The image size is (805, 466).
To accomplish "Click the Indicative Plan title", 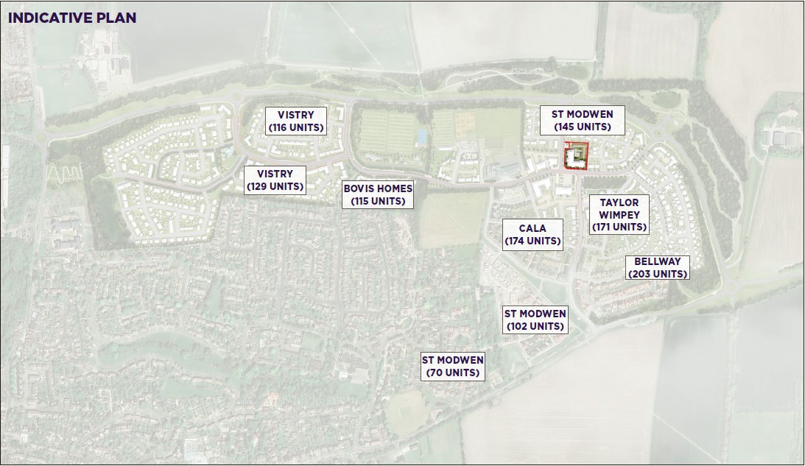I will point(72,18).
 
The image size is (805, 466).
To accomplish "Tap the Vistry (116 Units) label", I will point(295,121).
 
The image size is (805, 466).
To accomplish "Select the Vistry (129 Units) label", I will point(275,180).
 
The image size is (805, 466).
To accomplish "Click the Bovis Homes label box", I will point(378,194).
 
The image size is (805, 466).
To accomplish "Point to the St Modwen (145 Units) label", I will point(581,120).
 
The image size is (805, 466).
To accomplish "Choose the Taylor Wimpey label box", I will point(619,214).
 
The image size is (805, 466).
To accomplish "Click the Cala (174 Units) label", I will point(532,235).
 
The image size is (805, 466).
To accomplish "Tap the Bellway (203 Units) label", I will point(657,267).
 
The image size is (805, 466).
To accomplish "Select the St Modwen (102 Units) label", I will point(535,320).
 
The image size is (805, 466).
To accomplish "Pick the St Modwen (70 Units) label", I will point(452,366).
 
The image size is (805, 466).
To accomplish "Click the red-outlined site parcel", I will point(574,156).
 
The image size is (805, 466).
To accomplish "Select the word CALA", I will point(532,229).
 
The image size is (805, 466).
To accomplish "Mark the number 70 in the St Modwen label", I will point(439,373).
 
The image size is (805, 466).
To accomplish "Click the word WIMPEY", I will point(619,215).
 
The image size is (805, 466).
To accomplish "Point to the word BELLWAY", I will point(658,261).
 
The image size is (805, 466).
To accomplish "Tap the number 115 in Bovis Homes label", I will point(365,201).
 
